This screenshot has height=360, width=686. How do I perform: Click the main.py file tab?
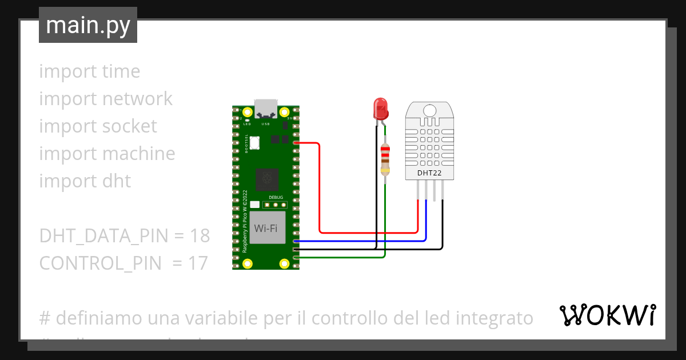point(88,25)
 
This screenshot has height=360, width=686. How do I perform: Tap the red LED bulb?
point(380,107)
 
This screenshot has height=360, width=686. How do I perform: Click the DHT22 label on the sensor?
point(429,172)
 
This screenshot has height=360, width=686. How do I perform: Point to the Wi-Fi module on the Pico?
point(266,228)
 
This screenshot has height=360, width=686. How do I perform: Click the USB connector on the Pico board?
point(266,107)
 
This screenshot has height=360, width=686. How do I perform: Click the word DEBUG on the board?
point(276,197)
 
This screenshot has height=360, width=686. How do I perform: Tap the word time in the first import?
point(121,71)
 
